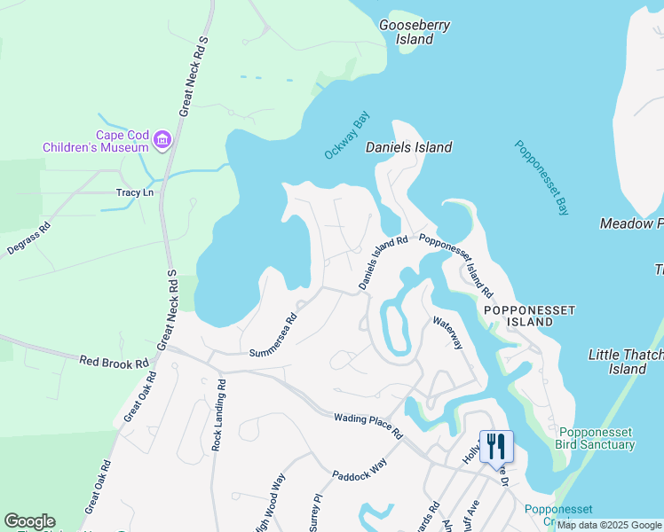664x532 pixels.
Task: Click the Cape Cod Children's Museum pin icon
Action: (x=162, y=139)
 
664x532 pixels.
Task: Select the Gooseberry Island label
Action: (x=415, y=32)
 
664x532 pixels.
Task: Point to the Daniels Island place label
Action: (x=409, y=147)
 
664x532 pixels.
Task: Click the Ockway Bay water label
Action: (x=346, y=137)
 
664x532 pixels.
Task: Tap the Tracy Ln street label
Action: (x=135, y=192)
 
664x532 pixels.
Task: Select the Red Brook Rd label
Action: (x=115, y=363)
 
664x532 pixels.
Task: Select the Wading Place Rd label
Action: (x=368, y=425)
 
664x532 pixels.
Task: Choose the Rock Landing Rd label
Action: (x=217, y=416)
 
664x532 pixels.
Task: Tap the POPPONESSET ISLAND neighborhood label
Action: (x=529, y=316)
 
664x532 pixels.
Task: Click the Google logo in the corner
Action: (x=29, y=521)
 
